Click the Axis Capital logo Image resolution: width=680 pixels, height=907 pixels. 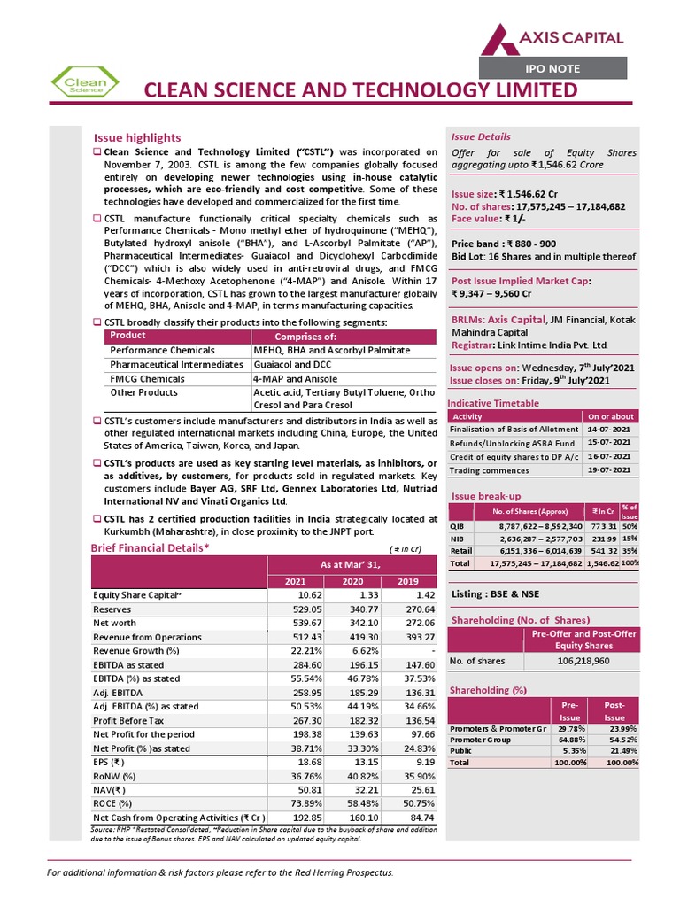552,36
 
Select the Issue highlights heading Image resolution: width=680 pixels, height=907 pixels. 137,137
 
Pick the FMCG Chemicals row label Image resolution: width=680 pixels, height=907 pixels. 148,378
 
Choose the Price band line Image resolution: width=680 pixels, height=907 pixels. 504,244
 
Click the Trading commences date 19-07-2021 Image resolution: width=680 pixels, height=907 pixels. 609,469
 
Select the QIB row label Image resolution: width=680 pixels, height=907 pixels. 457,526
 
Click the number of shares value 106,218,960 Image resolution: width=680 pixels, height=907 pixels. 583,660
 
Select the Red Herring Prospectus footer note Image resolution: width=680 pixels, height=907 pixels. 220,872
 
